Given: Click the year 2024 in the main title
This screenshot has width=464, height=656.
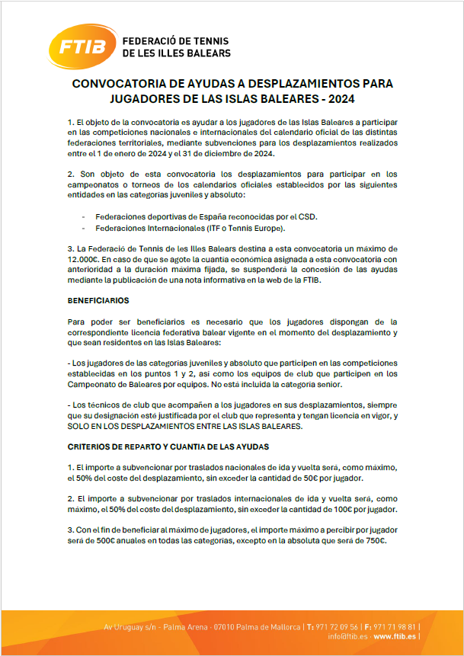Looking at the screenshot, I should (352, 99).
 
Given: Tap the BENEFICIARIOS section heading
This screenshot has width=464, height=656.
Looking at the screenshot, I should (98, 301).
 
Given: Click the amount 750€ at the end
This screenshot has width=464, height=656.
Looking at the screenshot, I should (373, 541).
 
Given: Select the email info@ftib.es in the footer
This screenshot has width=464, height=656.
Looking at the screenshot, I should (349, 635).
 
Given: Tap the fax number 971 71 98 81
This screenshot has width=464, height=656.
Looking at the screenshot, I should (391, 626).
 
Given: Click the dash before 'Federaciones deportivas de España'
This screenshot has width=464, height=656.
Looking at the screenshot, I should (83, 216).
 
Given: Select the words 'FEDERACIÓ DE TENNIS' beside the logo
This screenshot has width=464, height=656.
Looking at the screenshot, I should (175, 41).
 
